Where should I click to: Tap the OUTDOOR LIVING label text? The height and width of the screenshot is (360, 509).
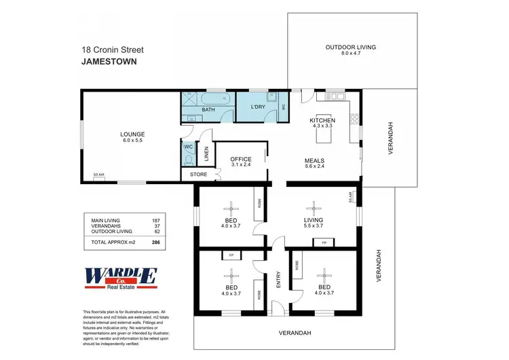pyautogui.click(x=350, y=48)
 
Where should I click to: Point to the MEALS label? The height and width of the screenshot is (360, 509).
pyautogui.click(x=316, y=160)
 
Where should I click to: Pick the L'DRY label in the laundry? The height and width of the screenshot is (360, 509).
pyautogui.click(x=257, y=107)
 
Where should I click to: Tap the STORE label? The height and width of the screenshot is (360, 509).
pyautogui.click(x=198, y=175)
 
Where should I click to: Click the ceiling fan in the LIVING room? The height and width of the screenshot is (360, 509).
pyautogui.click(x=313, y=208)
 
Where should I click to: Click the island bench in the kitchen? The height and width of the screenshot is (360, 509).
pyautogui.click(x=322, y=135)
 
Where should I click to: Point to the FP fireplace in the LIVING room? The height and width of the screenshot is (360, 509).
pyautogui.click(x=324, y=242)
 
